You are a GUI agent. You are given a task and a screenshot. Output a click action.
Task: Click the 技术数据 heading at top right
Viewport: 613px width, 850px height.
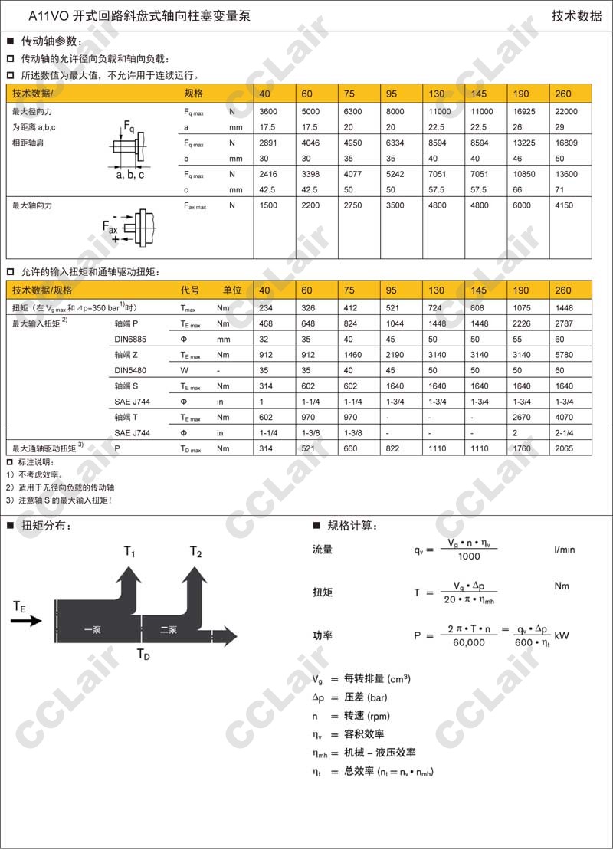pos(577,15)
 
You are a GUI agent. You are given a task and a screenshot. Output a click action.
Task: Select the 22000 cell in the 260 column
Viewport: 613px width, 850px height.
pos(565,111)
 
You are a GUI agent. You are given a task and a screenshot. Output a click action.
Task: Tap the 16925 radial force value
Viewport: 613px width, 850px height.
pos(521,111)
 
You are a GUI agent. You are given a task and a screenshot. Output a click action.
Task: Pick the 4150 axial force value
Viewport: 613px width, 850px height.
pos(563,205)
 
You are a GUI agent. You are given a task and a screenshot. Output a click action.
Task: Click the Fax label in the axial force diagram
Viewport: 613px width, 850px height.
pos(110,227)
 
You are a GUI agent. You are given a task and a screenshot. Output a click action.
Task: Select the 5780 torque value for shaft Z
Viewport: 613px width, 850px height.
pos(563,355)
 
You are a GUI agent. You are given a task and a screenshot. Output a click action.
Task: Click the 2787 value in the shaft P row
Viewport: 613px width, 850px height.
pos(563,323)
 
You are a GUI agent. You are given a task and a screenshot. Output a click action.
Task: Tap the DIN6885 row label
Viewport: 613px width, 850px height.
pos(129,340)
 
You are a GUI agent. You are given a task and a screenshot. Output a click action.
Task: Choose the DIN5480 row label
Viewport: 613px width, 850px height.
pos(129,370)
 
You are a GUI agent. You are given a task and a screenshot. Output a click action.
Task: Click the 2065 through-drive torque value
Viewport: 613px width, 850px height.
pos(563,448)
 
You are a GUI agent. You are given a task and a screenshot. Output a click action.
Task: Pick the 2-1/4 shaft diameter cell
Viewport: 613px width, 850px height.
pos(563,433)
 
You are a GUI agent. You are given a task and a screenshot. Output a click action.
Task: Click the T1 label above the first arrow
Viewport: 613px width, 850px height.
pos(129,551)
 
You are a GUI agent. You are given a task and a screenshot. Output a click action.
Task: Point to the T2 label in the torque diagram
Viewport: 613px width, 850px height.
pos(195,551)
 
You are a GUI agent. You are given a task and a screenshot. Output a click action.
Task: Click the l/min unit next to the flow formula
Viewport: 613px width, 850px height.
pos(564,549)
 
